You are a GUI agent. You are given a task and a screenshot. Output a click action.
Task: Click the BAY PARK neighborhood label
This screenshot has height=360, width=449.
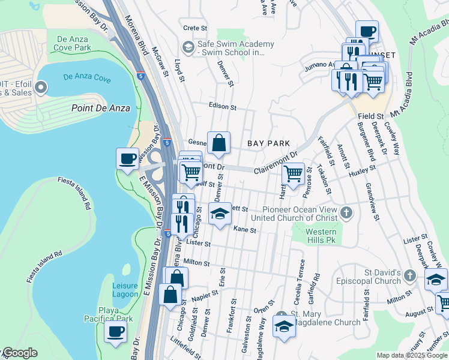(x=268, y=143)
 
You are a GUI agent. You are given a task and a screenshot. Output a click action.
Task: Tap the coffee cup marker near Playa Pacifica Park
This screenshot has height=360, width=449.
(x=115, y=332)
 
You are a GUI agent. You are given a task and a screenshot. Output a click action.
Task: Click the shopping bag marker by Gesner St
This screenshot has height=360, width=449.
(x=219, y=143)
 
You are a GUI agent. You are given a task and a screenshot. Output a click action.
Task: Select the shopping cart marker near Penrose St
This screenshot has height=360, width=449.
(x=292, y=174)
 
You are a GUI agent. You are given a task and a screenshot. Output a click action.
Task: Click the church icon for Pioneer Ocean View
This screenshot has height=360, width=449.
(x=346, y=212)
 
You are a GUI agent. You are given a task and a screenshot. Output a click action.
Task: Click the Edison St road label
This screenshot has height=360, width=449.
(x=223, y=106)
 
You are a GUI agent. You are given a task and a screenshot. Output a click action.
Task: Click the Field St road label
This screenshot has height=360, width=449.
(x=371, y=116)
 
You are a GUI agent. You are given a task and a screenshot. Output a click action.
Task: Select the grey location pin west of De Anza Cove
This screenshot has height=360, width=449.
(x=41, y=88)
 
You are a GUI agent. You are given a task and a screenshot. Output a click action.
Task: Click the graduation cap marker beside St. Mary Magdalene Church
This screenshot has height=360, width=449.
(x=284, y=326)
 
